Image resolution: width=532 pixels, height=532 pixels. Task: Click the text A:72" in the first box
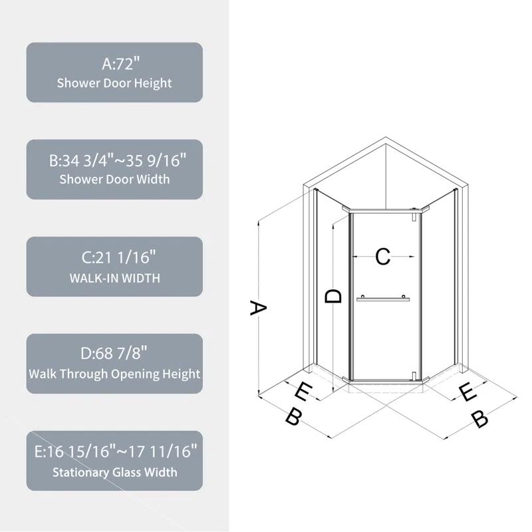coord(114,65)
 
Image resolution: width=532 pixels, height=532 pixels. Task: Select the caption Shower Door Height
coord(114,84)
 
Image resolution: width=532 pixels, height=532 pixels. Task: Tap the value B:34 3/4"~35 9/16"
coord(114,161)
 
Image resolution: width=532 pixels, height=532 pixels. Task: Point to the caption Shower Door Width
coord(114,180)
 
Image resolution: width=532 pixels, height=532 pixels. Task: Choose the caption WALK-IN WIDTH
coord(114,277)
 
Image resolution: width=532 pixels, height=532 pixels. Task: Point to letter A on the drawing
coord(258,308)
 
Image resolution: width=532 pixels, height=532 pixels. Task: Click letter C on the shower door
coord(382,257)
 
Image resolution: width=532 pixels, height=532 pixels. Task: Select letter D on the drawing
coord(334,296)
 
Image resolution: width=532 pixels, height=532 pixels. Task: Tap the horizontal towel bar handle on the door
coord(382,299)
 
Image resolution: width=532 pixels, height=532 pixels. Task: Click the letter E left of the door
coord(303,392)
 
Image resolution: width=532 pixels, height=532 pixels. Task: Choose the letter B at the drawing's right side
coord(479,419)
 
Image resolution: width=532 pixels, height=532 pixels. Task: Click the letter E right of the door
coord(468,393)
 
